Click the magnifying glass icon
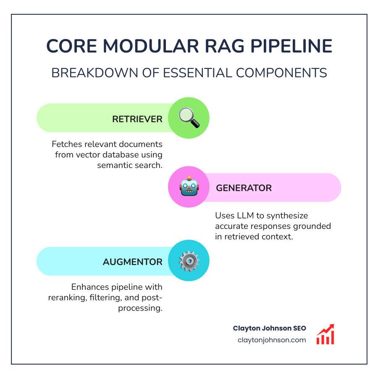coord(189,118)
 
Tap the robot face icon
coord(189,187)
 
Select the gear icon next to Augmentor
coord(189,261)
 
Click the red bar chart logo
coord(325,334)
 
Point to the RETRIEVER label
coord(137,119)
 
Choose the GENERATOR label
coord(244,188)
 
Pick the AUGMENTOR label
coord(132,262)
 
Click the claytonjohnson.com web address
coord(271,340)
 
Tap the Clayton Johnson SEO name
coord(269,328)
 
